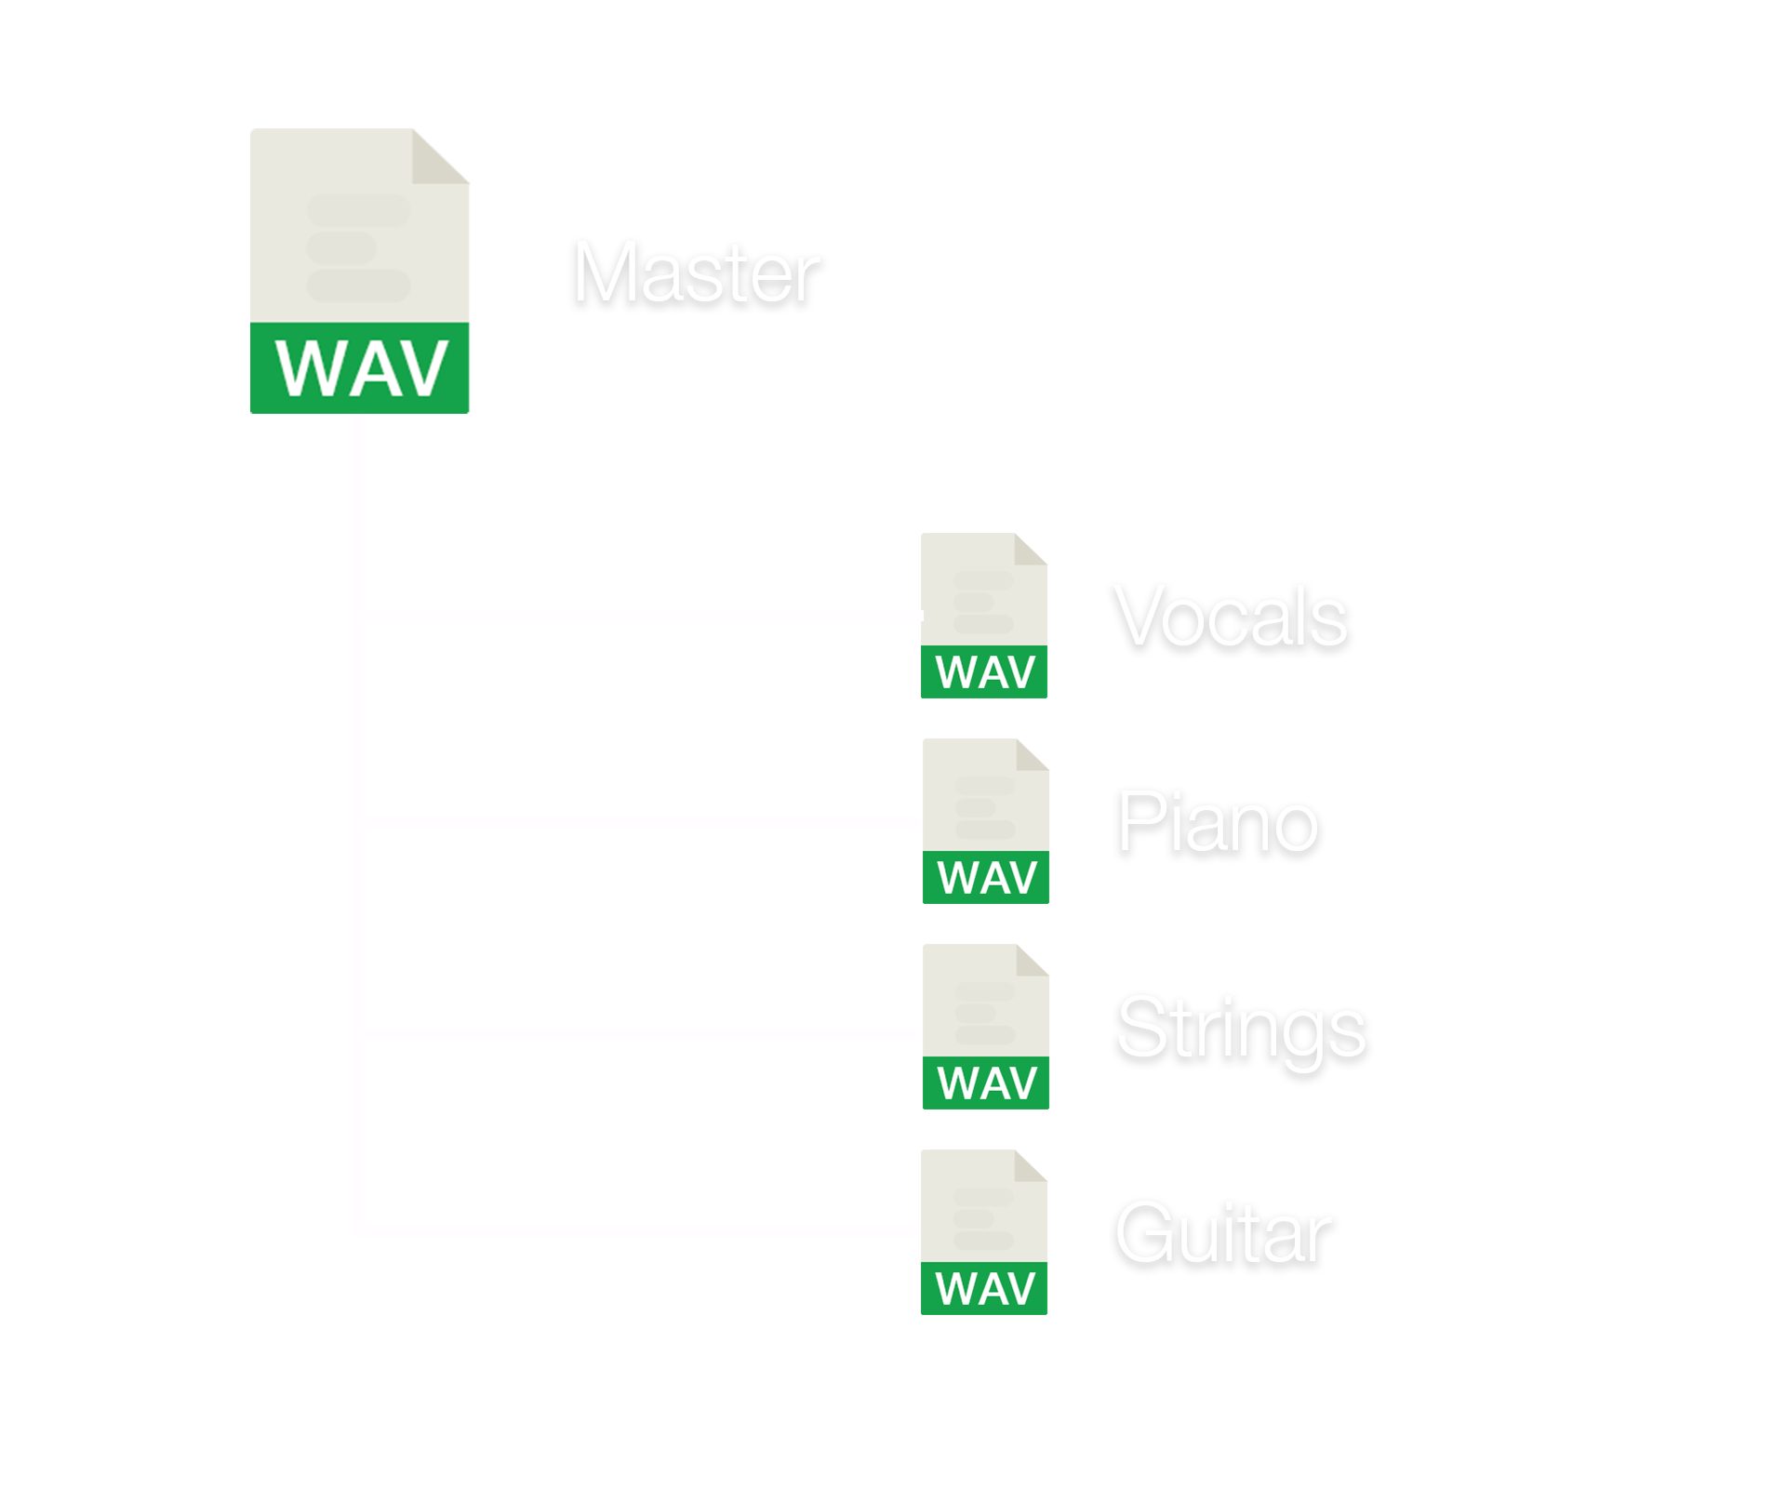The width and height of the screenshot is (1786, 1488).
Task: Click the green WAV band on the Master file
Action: [360, 368]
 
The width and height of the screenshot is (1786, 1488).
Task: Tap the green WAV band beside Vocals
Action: [984, 671]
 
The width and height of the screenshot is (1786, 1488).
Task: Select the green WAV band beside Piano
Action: [986, 877]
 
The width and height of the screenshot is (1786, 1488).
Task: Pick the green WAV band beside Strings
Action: [986, 1083]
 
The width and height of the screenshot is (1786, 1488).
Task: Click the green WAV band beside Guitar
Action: [984, 1288]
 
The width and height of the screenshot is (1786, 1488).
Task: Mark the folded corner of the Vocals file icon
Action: [1031, 549]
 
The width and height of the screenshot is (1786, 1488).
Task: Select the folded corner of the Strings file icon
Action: [1033, 963]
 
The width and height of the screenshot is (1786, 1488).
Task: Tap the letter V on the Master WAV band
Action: [417, 369]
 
